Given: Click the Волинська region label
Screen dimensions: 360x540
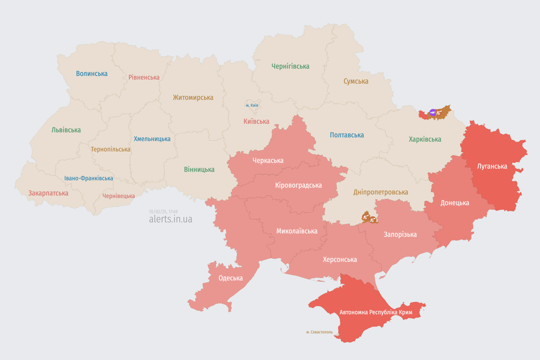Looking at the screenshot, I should [x=91, y=74].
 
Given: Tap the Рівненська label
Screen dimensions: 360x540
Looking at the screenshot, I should [x=144, y=77].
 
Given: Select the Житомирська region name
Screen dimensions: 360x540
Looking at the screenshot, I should [x=193, y=97].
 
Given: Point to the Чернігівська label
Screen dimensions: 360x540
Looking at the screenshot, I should [x=290, y=66].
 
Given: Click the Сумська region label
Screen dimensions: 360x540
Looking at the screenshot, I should [x=356, y=81].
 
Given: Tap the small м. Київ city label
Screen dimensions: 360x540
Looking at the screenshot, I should [x=252, y=105].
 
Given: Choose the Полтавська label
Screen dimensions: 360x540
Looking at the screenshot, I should [x=346, y=135].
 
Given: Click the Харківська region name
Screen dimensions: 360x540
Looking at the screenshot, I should [x=425, y=139].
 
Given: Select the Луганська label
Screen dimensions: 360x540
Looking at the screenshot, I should [x=492, y=166].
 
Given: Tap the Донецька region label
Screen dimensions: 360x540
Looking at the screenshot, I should [x=454, y=203].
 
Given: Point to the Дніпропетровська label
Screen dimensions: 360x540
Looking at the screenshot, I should [x=380, y=192].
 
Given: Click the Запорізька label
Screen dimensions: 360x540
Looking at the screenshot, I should [x=400, y=234].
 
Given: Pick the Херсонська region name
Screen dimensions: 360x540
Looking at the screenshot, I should [x=339, y=259].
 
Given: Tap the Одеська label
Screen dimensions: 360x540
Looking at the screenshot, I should [x=230, y=278].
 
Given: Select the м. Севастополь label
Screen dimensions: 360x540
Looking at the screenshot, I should [x=319, y=332].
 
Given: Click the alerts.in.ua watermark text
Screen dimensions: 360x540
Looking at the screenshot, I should [x=170, y=219].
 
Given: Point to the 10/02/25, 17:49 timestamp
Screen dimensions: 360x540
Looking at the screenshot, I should [x=163, y=212].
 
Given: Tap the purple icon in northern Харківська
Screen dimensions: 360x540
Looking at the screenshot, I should [x=432, y=112].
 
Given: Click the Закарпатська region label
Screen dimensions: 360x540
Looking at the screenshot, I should [x=48, y=193].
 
